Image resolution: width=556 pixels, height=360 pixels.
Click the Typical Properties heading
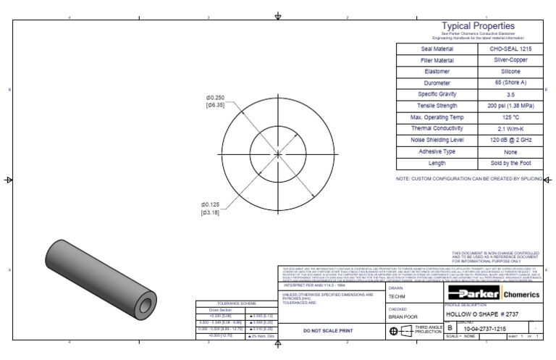478,26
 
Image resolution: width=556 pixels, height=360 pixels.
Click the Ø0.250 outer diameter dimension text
216,98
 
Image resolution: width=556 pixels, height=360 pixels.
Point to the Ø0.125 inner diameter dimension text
211,204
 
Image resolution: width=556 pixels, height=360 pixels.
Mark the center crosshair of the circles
278,154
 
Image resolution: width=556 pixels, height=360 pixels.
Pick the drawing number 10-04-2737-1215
485,329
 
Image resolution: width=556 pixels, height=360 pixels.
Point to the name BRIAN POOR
404,317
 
